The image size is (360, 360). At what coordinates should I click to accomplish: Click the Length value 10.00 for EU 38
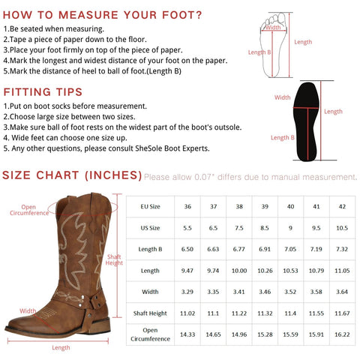click(239, 271)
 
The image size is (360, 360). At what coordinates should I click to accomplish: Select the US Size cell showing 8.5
click(265, 228)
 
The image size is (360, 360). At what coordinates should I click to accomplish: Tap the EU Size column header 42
click(342, 206)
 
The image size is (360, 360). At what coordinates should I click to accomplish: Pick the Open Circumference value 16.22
click(342, 334)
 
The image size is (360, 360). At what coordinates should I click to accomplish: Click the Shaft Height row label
click(150, 313)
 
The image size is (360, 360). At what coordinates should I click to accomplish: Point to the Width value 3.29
click(187, 292)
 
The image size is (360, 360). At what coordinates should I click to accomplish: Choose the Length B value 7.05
click(290, 249)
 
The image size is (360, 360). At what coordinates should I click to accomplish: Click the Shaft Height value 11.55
click(316, 313)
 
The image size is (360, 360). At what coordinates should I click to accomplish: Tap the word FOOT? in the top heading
click(181, 15)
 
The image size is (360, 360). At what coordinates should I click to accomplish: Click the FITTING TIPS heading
click(43, 92)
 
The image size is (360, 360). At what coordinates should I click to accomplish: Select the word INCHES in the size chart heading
click(113, 175)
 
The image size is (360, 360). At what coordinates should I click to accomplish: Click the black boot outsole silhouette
click(307, 121)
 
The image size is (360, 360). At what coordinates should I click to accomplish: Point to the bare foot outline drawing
click(274, 44)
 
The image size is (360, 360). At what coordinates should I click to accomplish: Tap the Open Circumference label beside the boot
click(29, 210)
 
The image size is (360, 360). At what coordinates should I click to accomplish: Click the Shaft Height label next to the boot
click(114, 259)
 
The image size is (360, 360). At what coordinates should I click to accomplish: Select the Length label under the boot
click(61, 347)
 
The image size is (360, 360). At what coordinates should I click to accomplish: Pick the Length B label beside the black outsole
click(283, 137)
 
